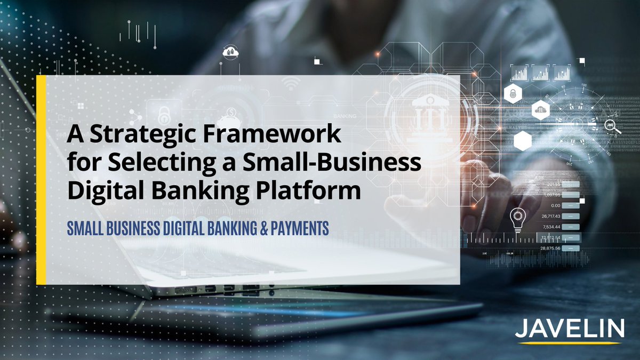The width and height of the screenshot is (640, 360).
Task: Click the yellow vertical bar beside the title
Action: pos(41,179)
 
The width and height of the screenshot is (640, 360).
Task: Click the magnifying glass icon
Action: pos(612,126)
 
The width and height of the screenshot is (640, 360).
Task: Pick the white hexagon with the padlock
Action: pos(511,94)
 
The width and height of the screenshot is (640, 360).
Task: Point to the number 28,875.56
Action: pos(551,249)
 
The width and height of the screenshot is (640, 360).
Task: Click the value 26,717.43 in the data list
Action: pos(551,216)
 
